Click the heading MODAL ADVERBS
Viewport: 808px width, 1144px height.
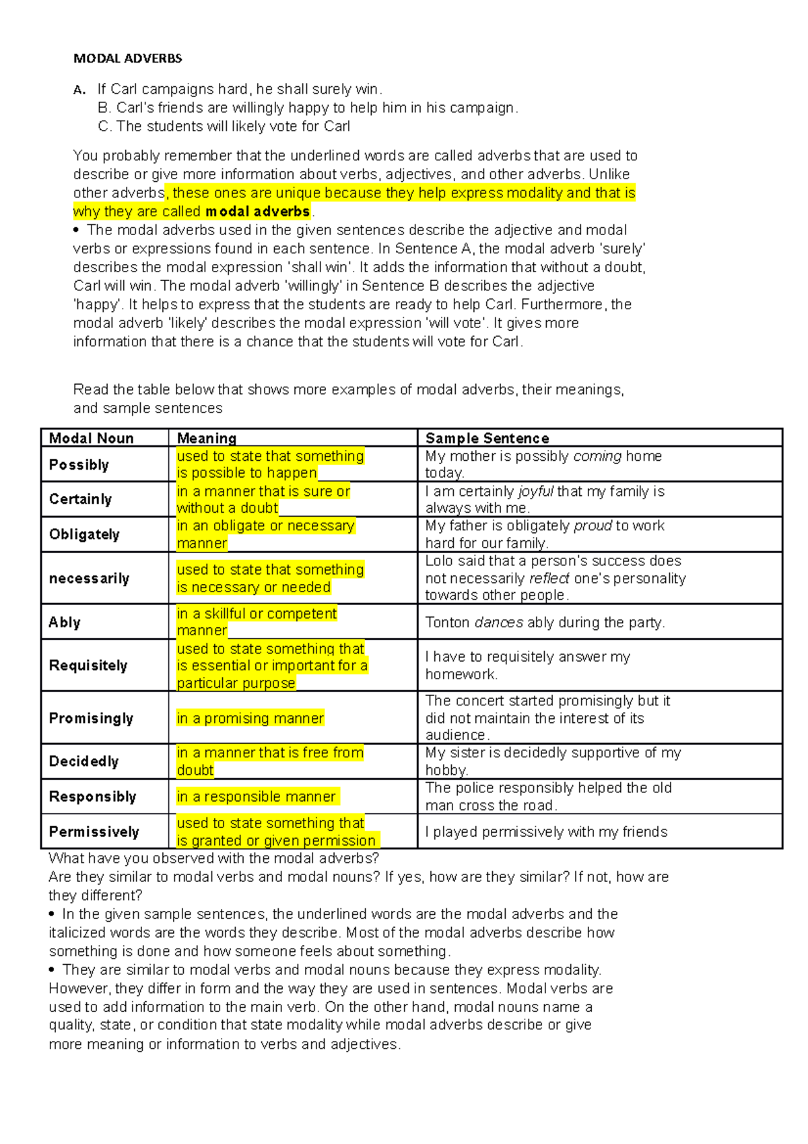127,59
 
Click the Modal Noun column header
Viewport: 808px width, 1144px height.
92,438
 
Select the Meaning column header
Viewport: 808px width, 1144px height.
206,438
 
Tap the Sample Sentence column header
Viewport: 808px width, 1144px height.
487,438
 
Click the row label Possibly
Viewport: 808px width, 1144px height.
79,465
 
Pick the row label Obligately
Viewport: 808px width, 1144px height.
84,534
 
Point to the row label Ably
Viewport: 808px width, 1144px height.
65,622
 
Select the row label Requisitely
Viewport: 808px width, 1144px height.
88,665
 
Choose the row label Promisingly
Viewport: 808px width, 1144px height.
91,718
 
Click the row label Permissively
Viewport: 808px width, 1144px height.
94,831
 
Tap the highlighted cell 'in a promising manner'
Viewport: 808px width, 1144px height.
250,718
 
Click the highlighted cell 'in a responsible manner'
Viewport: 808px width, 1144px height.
256,796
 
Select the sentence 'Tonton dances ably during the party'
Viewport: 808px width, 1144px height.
545,623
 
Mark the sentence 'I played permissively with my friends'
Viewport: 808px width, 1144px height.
546,832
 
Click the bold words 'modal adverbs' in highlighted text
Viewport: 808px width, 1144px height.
257,212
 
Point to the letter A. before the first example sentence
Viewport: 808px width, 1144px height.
79,90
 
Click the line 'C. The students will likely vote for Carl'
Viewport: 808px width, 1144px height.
224,127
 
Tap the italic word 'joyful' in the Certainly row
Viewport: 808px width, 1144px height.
536,492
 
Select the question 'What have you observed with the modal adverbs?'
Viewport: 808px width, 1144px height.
213,858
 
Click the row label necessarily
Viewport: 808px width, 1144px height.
89,579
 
